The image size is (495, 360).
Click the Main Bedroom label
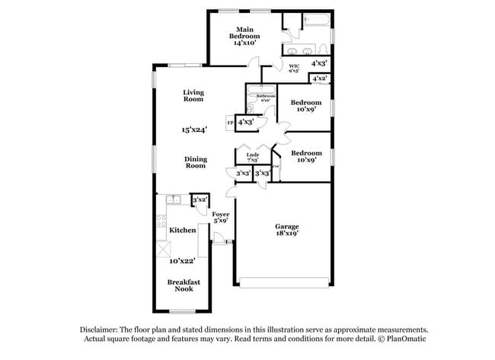coord(245,32)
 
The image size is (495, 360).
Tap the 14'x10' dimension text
coord(245,43)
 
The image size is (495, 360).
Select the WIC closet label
coord(294,67)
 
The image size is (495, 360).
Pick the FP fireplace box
coord(230,123)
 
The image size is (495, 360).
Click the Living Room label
coord(193,96)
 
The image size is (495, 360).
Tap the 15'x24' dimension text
coord(193,129)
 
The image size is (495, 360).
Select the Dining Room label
coord(195,162)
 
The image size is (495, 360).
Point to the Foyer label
coord(221,216)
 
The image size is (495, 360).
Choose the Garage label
coord(286,228)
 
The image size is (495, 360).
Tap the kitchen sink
coord(171,199)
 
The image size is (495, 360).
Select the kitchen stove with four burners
coord(161,222)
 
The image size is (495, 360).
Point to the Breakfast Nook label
coord(184,285)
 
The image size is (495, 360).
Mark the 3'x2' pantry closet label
coord(200,199)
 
